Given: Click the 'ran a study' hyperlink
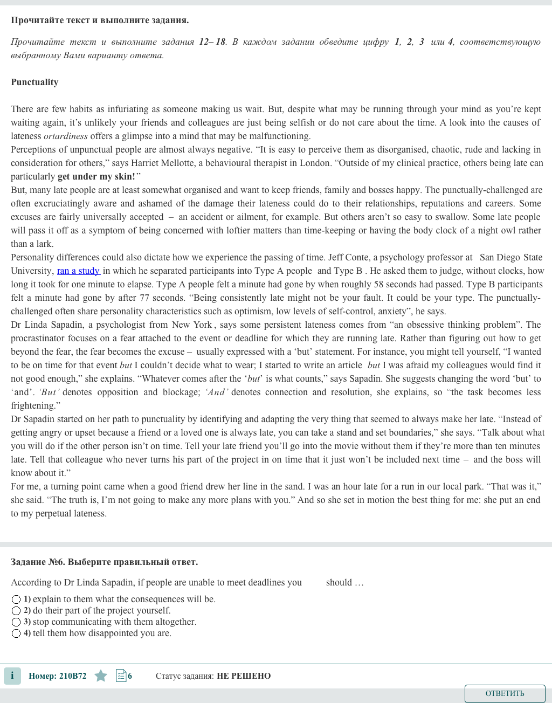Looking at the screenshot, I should coord(78,271).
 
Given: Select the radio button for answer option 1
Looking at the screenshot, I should coord(16,599).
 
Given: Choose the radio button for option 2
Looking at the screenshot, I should coord(16,611).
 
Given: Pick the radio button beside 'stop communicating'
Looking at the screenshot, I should coord(16,622).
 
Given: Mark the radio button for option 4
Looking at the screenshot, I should coord(16,633).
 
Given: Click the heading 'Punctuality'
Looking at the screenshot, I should coord(34,82).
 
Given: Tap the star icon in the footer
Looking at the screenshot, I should coord(101,676).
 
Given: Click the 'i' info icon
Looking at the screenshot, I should coord(12,676).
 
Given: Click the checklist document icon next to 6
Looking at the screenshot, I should coord(121,676).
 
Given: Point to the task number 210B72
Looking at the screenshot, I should coord(72,676).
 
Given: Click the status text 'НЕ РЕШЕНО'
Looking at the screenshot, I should coord(244,676).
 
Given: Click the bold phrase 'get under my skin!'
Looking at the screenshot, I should coord(96,177).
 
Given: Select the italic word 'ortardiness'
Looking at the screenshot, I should coord(66,136).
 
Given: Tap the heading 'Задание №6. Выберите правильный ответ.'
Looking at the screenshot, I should coord(105,562).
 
